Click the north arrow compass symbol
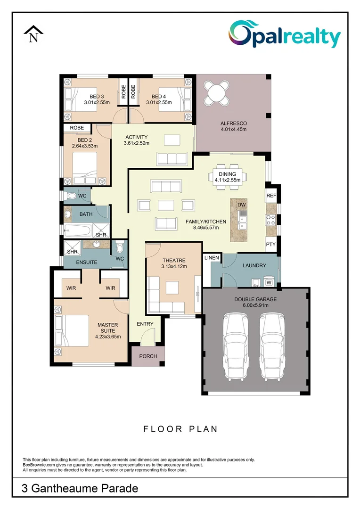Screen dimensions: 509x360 [x=33, y=34]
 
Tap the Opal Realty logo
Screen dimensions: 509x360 [x=285, y=36]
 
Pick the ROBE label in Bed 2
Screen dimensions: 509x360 [x=77, y=128]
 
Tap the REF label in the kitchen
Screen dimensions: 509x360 [x=271, y=196]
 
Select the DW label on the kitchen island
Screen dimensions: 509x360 [x=242, y=205]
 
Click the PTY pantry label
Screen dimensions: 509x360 [x=270, y=245]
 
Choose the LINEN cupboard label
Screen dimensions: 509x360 [x=212, y=257]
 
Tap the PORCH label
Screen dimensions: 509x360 [x=148, y=356]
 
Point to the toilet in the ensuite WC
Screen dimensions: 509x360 [x=120, y=246]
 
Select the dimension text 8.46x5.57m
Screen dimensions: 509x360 [x=205, y=228]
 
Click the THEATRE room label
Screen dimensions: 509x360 [x=174, y=260]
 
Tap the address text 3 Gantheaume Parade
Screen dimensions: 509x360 [x=80, y=488]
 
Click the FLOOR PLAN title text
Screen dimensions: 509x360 [x=180, y=429]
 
